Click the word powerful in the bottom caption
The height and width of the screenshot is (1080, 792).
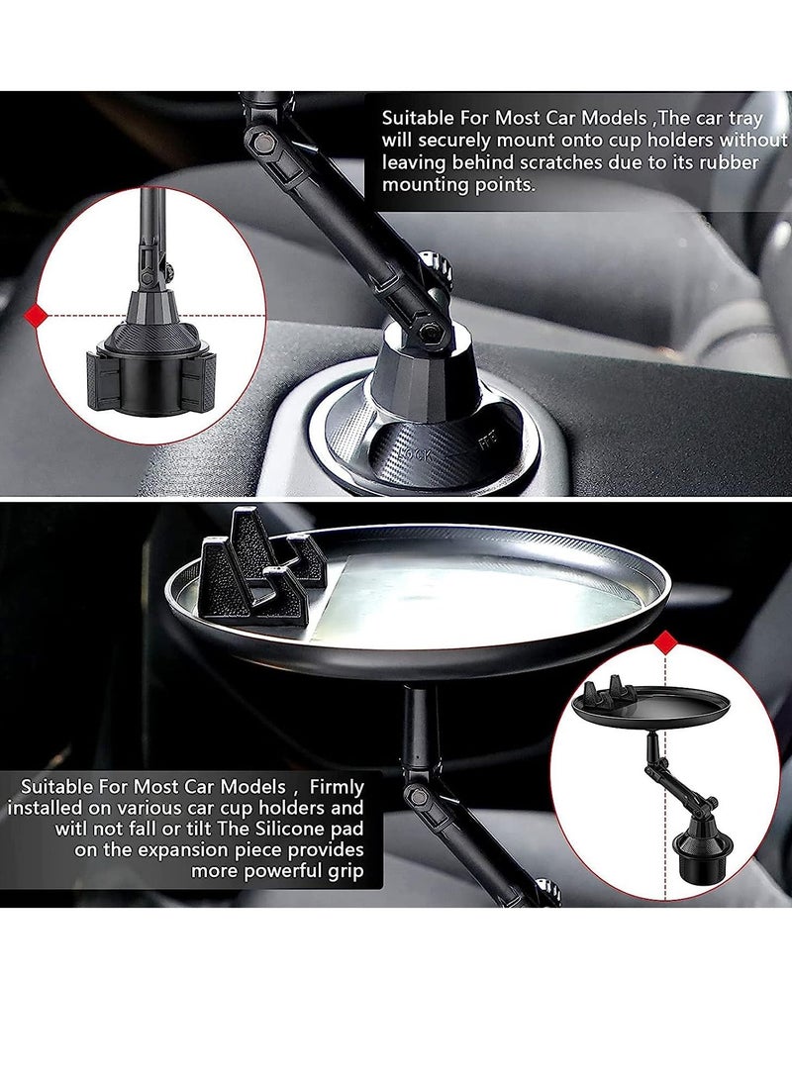tap(305, 872)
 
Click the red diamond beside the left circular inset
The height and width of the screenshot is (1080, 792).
tap(37, 315)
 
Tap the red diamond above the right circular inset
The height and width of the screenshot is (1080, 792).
tap(666, 644)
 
